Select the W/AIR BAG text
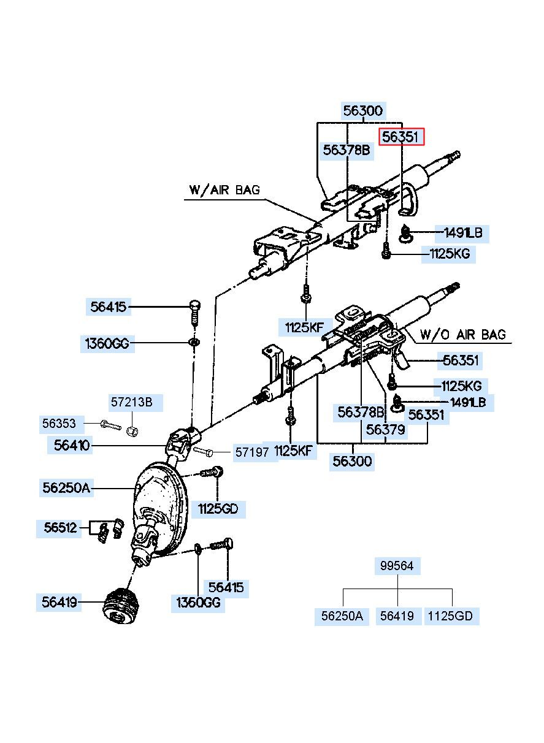pyautogui.click(x=225, y=190)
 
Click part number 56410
pyautogui.click(x=72, y=446)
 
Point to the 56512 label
pyautogui.click(x=61, y=528)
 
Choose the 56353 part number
pyautogui.click(x=59, y=423)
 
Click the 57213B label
pyautogui.click(x=131, y=403)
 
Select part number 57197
pyautogui.click(x=253, y=452)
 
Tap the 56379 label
pyautogui.click(x=385, y=430)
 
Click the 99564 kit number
pyautogui.click(x=397, y=566)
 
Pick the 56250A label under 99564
pyautogui.click(x=342, y=616)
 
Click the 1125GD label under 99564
pyautogui.click(x=451, y=616)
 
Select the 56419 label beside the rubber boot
pyautogui.click(x=59, y=603)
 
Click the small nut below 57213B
pyautogui.click(x=131, y=428)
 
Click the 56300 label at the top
pyautogui.click(x=362, y=111)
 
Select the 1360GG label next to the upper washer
pyautogui.click(x=107, y=344)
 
